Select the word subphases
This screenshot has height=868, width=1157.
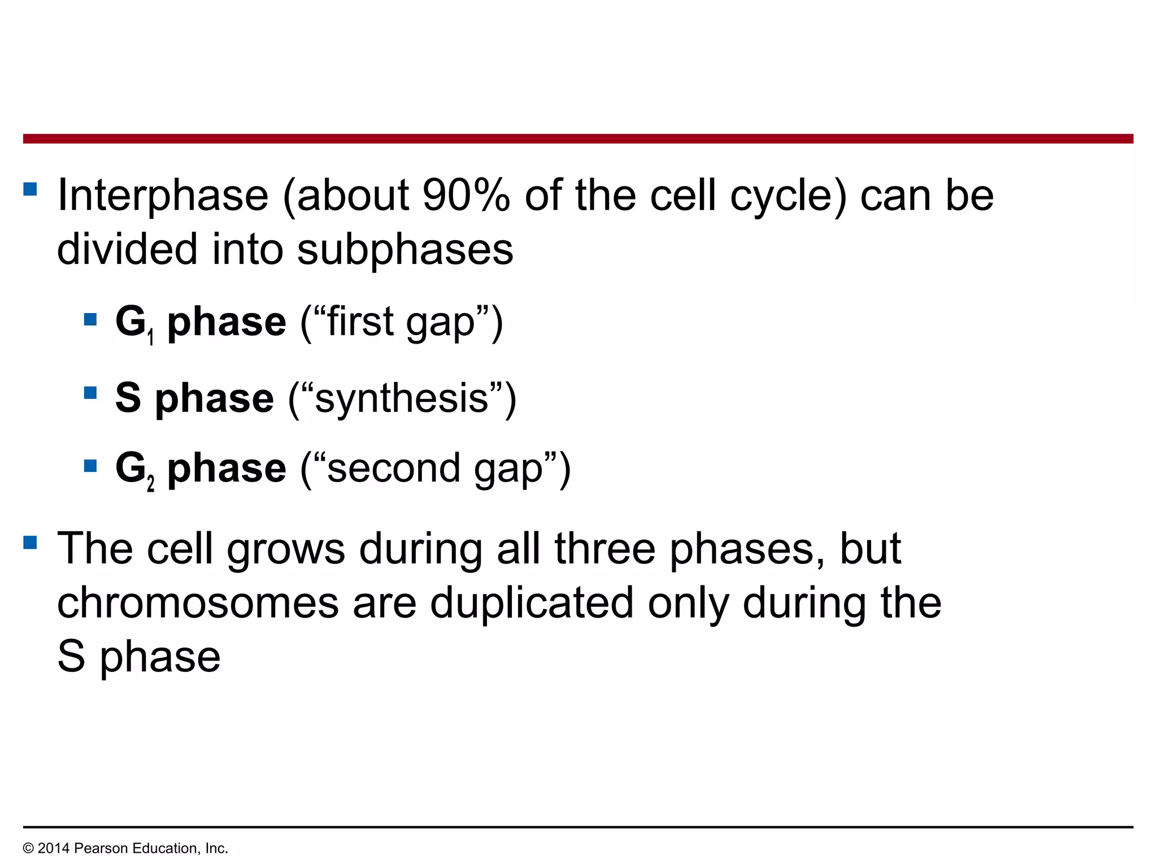(405, 250)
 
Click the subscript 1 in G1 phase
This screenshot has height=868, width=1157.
(151, 338)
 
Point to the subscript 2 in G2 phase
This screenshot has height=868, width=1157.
(151, 484)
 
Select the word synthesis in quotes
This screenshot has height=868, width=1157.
(402, 399)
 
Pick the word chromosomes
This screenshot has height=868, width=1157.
(198, 603)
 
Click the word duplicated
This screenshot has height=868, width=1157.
(532, 603)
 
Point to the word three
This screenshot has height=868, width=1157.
(604, 549)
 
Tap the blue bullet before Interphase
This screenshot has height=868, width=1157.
(31, 188)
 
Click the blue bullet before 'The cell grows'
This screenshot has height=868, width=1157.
(31, 542)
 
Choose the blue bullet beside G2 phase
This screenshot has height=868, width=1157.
(90, 466)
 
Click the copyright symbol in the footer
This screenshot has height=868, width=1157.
(28, 848)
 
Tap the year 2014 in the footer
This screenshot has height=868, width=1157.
(53, 848)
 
